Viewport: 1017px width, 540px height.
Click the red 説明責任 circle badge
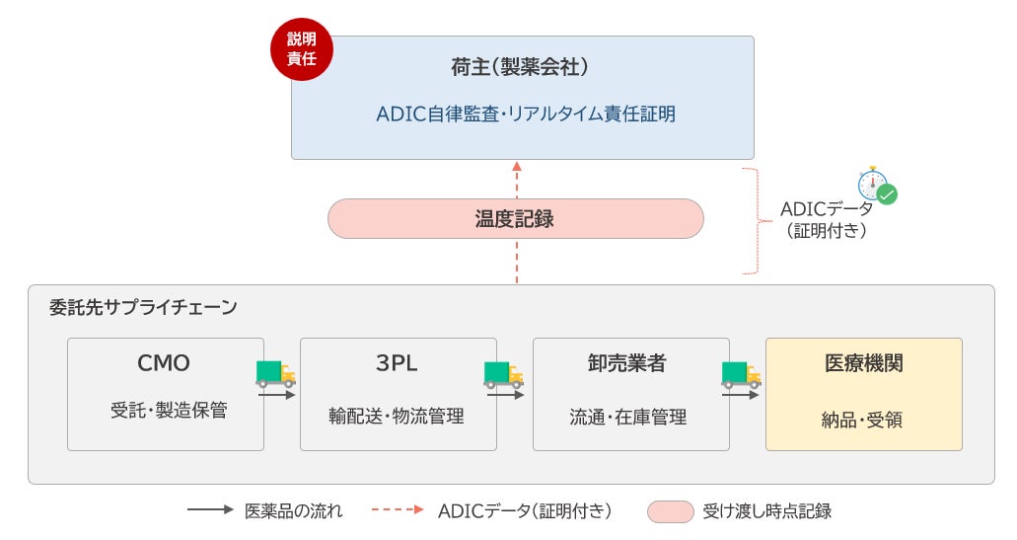click(x=301, y=49)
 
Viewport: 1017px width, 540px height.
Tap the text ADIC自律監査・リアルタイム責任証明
click(x=526, y=114)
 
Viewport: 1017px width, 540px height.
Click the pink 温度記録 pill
click(x=515, y=218)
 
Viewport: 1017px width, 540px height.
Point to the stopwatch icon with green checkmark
click(x=876, y=185)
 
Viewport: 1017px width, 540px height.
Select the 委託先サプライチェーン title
click(x=142, y=307)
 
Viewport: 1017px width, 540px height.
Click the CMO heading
click(x=164, y=363)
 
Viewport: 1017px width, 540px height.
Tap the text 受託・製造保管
click(x=169, y=410)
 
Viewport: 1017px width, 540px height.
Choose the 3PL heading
click(x=397, y=363)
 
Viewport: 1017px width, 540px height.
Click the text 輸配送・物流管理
click(x=397, y=416)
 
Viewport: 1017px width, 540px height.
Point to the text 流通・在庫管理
click(x=628, y=417)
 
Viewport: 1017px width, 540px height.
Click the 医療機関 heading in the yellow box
click(x=863, y=363)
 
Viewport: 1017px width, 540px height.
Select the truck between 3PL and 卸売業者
click(x=503, y=373)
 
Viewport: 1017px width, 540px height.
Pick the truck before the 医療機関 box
click(x=741, y=373)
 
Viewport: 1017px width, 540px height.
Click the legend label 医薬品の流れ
click(x=294, y=510)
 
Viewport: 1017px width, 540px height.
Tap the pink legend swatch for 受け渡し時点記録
click(x=670, y=511)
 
